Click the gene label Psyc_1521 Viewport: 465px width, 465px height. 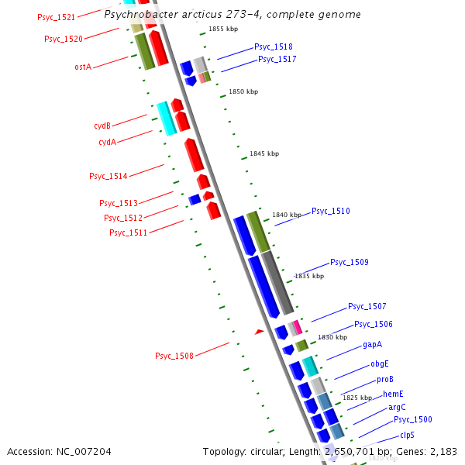56,17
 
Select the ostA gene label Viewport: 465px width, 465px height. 83,67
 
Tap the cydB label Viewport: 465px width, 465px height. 102,125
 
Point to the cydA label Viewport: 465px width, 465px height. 107,142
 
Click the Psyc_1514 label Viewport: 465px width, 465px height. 108,176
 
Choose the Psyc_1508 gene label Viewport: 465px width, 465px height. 174,356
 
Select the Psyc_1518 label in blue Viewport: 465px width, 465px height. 274,46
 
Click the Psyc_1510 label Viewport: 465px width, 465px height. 331,211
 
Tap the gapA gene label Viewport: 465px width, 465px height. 372,344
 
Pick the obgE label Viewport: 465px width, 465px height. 379,363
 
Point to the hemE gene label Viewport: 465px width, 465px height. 393,394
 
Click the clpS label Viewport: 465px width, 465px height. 407,435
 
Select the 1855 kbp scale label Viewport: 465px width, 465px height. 223,29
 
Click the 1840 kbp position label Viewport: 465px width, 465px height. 286,214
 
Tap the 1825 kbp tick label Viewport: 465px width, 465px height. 357,398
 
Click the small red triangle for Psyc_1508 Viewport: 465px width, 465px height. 260,331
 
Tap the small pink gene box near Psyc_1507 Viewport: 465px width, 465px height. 298,326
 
